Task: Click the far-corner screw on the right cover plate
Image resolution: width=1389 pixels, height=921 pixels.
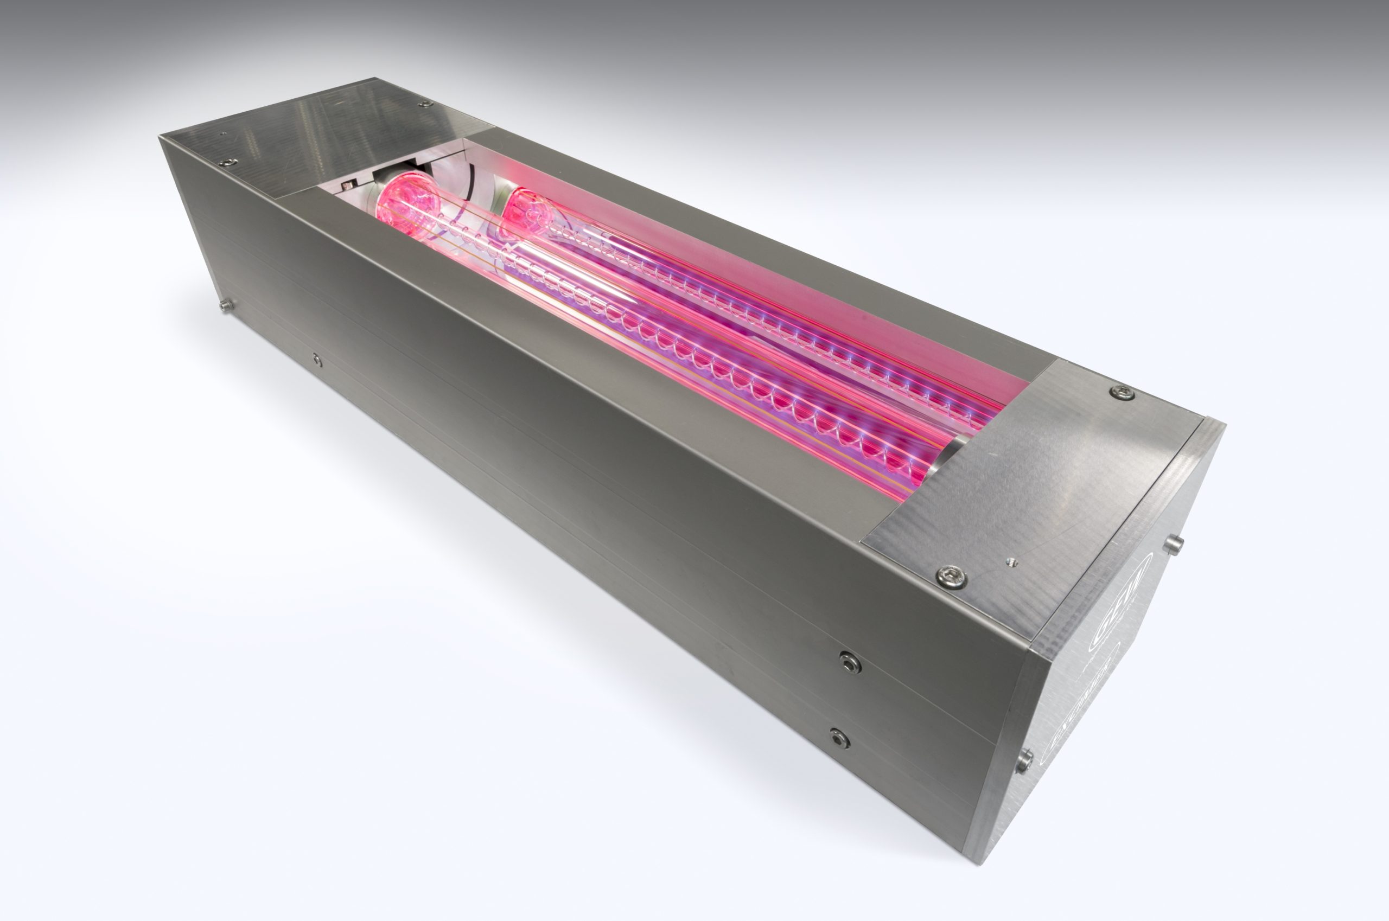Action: pos(1122,392)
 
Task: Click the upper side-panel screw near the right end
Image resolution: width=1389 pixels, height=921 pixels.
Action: pos(850,662)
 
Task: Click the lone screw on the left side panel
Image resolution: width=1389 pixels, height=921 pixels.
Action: pos(317,360)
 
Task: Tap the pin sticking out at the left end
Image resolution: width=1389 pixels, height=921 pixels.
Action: pos(225,305)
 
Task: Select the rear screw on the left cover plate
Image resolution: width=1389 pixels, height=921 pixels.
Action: pos(424,104)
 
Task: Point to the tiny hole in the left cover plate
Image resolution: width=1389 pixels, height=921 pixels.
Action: pos(222,134)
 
